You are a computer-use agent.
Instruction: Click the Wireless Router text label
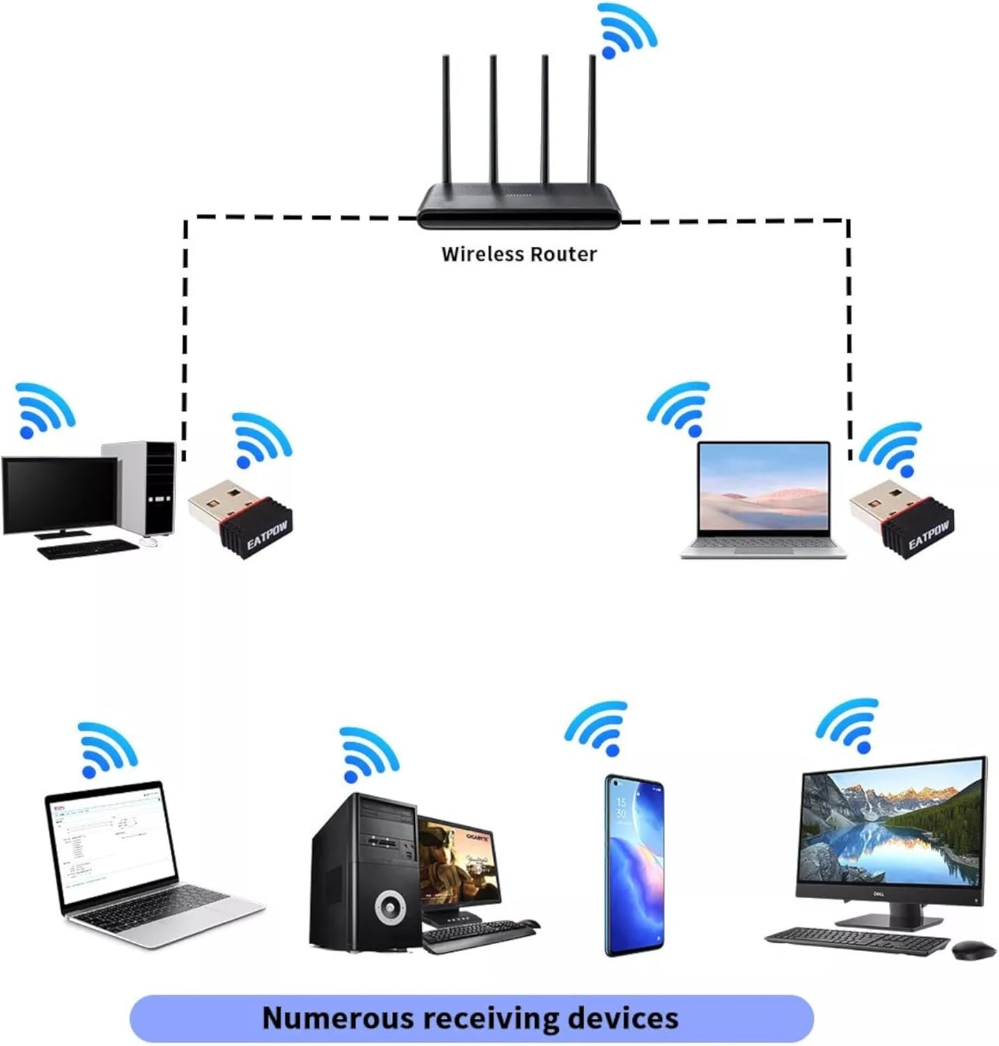(519, 254)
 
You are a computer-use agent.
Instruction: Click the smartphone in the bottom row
(634, 865)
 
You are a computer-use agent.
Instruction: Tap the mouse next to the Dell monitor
(973, 950)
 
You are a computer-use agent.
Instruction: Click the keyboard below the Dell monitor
(858, 941)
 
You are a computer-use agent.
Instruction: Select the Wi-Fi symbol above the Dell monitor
(848, 725)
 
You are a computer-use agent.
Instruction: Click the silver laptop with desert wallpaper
(764, 499)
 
